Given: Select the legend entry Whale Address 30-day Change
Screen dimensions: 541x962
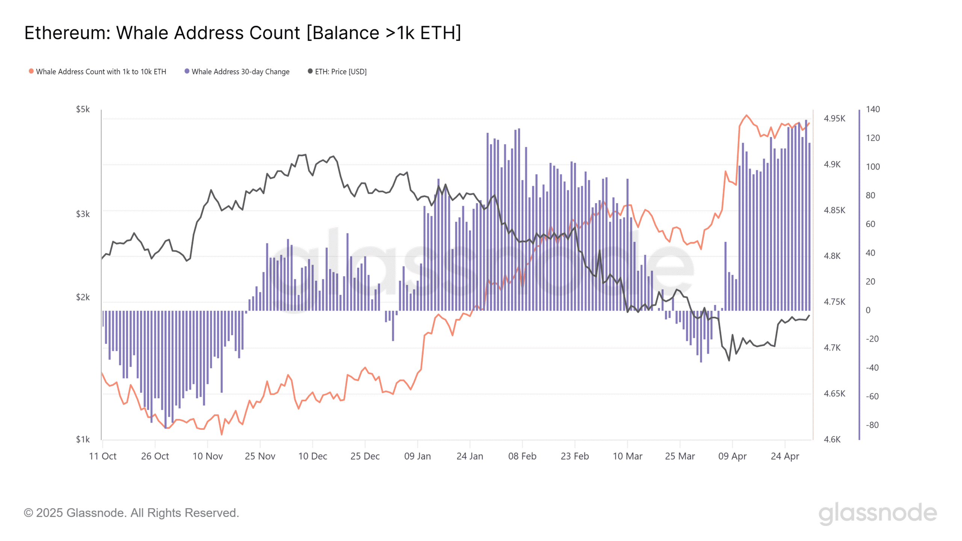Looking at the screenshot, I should [240, 72].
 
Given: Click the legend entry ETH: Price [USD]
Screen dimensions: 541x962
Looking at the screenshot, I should [340, 72].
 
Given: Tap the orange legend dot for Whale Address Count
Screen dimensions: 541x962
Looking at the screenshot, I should [31, 71].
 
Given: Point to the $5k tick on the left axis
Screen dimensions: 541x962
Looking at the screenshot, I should [83, 109].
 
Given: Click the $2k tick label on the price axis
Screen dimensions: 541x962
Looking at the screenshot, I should [83, 297].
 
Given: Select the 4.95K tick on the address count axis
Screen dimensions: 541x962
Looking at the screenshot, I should [834, 119].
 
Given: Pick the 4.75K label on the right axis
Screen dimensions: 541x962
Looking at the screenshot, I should [834, 302].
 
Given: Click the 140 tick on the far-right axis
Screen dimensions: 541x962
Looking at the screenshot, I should [873, 109].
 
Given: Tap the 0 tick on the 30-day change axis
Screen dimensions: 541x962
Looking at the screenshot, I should [868, 310].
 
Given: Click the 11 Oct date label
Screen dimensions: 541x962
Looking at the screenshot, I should [103, 456].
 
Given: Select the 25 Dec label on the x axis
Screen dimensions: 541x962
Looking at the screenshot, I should [365, 456].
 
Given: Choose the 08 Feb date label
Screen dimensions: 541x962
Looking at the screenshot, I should [522, 456].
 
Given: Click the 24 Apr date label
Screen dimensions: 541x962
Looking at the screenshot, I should [785, 456].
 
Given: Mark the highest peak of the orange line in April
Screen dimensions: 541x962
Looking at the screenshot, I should [746, 115].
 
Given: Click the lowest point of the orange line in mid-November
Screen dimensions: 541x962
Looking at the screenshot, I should [222, 435].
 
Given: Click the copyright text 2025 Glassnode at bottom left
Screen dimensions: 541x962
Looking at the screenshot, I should [131, 513].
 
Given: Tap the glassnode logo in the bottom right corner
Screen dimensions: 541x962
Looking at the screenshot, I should [877, 513].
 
